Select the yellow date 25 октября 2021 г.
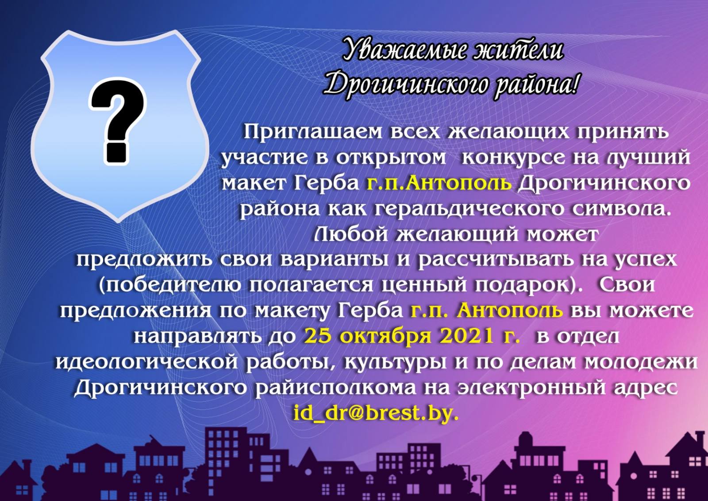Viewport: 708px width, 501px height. (x=412, y=337)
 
